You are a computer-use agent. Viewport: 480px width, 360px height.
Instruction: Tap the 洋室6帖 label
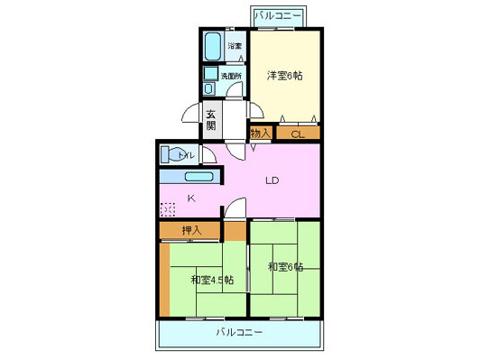click(x=284, y=76)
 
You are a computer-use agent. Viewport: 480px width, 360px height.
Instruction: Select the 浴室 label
click(x=235, y=45)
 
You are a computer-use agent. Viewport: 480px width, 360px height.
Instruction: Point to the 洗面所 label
click(x=233, y=77)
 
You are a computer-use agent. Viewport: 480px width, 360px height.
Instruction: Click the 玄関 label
click(x=210, y=120)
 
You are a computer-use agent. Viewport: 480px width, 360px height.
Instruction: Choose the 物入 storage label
click(x=260, y=134)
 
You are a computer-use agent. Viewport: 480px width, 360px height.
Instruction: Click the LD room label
click(x=272, y=180)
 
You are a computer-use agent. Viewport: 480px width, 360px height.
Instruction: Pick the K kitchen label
click(x=190, y=198)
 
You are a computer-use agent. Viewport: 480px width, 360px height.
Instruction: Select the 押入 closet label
click(x=191, y=231)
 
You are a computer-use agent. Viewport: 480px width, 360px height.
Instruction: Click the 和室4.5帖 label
click(x=212, y=280)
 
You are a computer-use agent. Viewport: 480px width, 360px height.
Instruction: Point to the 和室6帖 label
click(x=285, y=267)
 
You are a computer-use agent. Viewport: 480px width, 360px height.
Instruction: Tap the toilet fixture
click(x=174, y=155)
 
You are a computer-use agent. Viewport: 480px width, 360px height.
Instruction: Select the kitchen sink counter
click(x=188, y=177)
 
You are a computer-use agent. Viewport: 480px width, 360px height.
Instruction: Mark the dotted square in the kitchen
click(x=168, y=209)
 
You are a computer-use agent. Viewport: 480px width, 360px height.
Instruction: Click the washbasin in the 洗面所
click(x=211, y=76)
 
